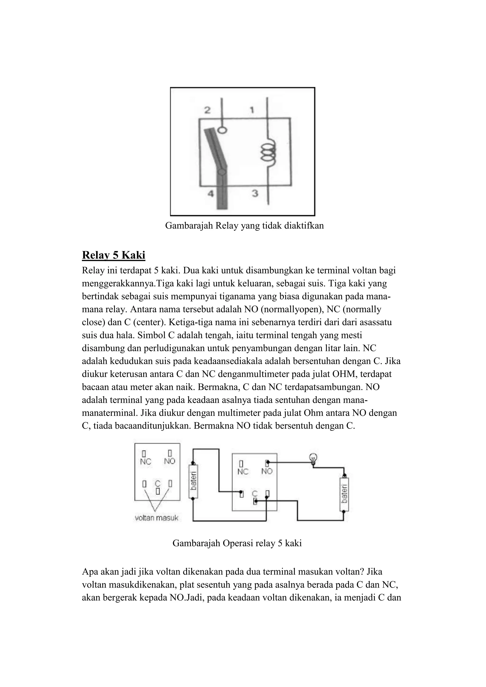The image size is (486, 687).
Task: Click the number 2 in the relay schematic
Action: coord(207,110)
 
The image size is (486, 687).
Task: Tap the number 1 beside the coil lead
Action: coord(252,110)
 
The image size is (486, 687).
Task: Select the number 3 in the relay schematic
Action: coord(255,194)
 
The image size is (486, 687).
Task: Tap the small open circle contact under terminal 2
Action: coord(222,130)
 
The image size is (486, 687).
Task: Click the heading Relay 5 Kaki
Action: coord(113,255)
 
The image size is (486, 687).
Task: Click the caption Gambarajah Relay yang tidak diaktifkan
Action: coord(244,225)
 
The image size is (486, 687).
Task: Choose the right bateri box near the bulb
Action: coord(344,494)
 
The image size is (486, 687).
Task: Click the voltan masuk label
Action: coord(157,518)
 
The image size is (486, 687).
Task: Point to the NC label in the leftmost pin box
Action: coord(145,462)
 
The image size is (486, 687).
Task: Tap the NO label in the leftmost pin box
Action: coord(170,461)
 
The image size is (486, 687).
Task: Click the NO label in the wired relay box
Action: coord(267,471)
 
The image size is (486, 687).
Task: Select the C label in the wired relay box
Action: coord(254,493)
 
